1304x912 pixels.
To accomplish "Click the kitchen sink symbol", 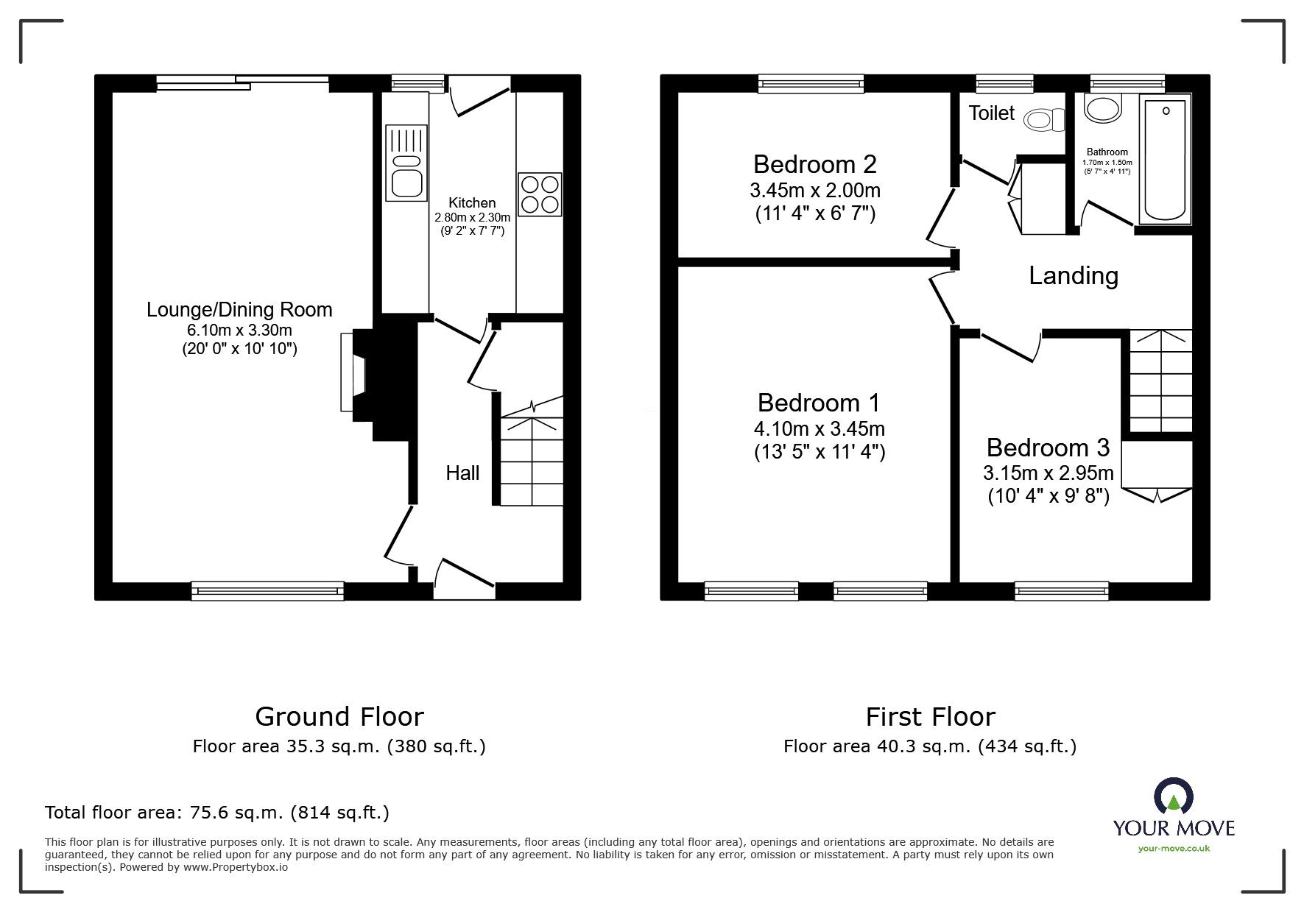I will click(x=406, y=163).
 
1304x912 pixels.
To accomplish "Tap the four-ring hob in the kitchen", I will click(x=540, y=194).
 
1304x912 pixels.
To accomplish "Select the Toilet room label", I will click(x=991, y=113).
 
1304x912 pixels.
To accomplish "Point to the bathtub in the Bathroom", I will click(x=1165, y=160).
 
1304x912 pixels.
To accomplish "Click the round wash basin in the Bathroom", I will click(x=1102, y=108).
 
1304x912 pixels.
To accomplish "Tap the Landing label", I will click(x=1073, y=275).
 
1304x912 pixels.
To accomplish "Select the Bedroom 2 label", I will click(x=814, y=163).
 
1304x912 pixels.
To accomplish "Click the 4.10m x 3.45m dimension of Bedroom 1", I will click(x=820, y=428).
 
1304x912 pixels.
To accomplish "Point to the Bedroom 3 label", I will click(x=1047, y=448).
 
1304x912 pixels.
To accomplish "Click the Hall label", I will click(x=462, y=473).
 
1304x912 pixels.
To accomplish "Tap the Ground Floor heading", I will click(x=339, y=716).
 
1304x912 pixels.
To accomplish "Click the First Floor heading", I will click(x=930, y=716).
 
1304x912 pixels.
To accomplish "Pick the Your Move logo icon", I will click(x=1174, y=796).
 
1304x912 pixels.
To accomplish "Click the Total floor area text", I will click(x=217, y=813).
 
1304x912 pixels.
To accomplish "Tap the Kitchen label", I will click(x=472, y=202).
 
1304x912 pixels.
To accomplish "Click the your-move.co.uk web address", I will click(x=1174, y=849).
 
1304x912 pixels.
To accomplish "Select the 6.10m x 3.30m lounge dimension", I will click(x=239, y=330).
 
